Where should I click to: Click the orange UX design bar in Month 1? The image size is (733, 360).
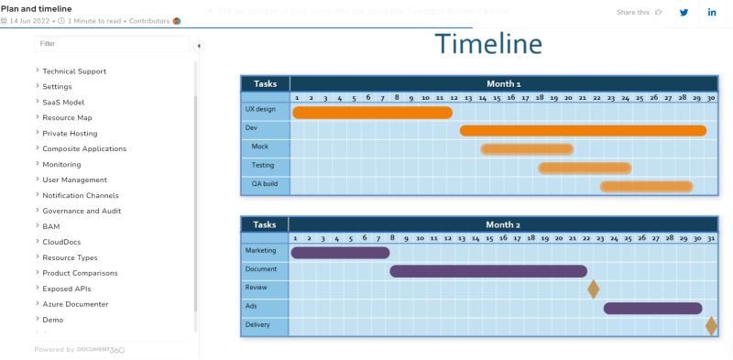[x=372, y=112]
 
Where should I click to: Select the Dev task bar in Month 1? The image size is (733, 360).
[x=583, y=130]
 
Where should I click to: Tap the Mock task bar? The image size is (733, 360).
[x=527, y=148]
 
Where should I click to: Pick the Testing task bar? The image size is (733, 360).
[x=585, y=168]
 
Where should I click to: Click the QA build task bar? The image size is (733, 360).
[x=646, y=186]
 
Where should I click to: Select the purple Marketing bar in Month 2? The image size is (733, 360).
[x=340, y=252]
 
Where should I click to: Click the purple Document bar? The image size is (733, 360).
[x=488, y=270]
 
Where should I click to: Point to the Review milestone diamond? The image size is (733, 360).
[x=594, y=289]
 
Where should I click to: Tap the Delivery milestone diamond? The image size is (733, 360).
[x=711, y=325]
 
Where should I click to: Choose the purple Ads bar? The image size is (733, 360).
[x=652, y=308]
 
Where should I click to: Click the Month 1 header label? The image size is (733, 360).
[x=503, y=83]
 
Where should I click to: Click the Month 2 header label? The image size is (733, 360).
[x=503, y=224]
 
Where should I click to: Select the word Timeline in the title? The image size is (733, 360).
[x=488, y=44]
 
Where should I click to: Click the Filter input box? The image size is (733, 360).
[x=112, y=43]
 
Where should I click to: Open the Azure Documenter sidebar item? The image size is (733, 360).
[x=75, y=304]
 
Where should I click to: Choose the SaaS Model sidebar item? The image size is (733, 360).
[x=63, y=103]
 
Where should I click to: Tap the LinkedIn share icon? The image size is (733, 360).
[x=712, y=12]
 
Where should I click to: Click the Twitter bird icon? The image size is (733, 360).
[x=684, y=12]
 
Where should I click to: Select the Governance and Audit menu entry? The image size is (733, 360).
[x=82, y=211]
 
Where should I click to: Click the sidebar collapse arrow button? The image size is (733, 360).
[x=199, y=46]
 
